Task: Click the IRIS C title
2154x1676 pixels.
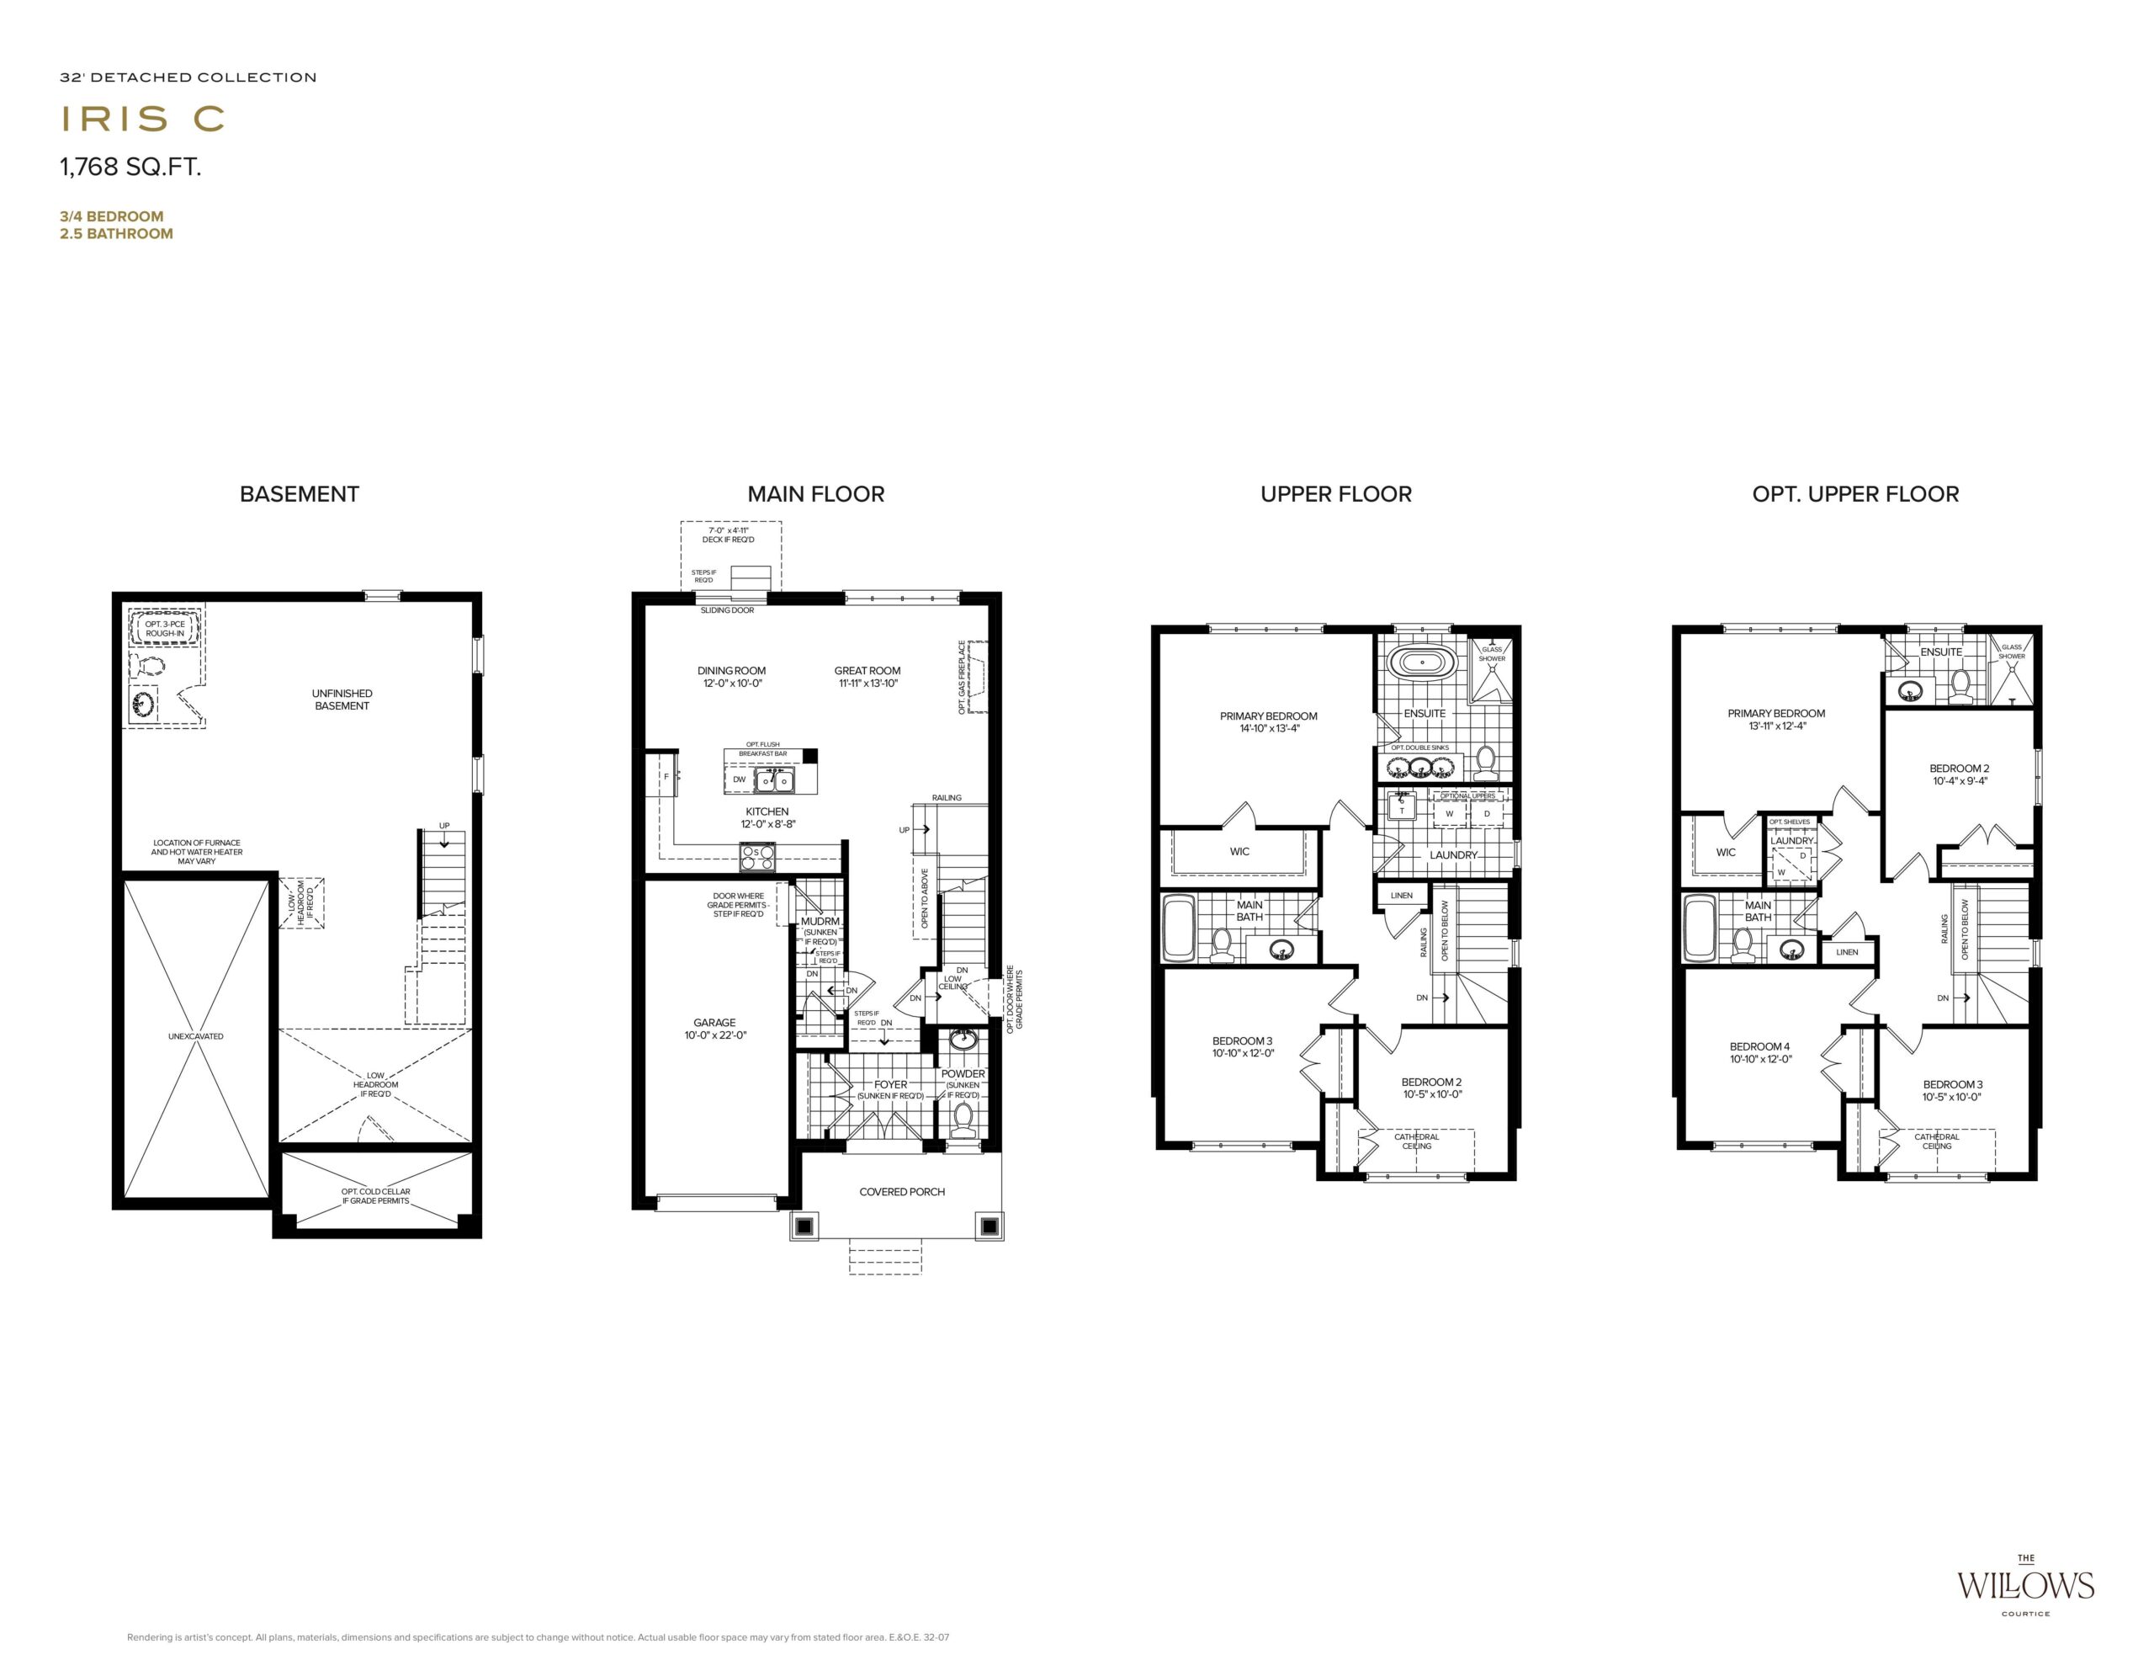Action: click(143, 119)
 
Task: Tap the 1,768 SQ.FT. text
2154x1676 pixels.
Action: click(130, 167)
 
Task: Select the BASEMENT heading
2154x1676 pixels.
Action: click(300, 494)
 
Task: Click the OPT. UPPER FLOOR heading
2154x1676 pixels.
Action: click(1855, 494)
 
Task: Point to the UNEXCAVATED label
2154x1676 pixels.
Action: click(195, 1037)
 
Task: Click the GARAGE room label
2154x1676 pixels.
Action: click(714, 1023)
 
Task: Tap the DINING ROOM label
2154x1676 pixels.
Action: click(732, 671)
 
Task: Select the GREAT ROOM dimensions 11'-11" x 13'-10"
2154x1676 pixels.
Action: click(868, 684)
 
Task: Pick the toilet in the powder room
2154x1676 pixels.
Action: click(963, 1119)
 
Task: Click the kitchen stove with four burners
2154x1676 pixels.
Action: click(757, 856)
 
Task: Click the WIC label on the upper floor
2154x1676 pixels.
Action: click(1239, 851)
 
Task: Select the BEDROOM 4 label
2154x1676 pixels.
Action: click(1759, 1046)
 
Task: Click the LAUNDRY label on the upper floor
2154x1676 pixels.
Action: click(1453, 855)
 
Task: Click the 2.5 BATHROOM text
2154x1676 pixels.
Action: click(116, 234)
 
